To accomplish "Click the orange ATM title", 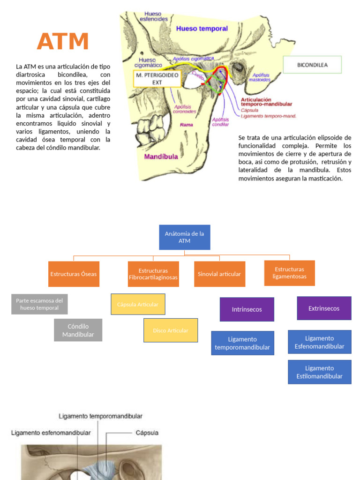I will pos(63,41).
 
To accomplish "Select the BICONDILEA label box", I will pos(312,65).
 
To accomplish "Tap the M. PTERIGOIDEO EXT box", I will pos(157,79).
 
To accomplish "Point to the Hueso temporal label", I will pos(202,29).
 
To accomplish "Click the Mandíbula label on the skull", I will pos(161,157).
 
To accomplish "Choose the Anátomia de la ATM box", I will pos(184,237).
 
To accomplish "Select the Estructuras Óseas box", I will pos(74,274).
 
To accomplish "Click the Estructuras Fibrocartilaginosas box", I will pos(153,274).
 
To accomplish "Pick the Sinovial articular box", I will pos(219,274).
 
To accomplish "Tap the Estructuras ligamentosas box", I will pos(289,273).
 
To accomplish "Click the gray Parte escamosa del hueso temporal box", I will pos(39,304).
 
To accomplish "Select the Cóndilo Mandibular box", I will pos(78,330).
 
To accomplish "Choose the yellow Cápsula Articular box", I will pos(138,304).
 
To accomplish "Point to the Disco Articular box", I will pos(171,330).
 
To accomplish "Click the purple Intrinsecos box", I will pos(247,309).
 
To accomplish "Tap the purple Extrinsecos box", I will pos(324,308).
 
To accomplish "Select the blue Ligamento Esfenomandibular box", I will pos(319,342).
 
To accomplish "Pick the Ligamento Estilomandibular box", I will pos(319,372).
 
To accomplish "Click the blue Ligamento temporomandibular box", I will pos(242,343).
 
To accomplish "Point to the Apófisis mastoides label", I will pos(261,77).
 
